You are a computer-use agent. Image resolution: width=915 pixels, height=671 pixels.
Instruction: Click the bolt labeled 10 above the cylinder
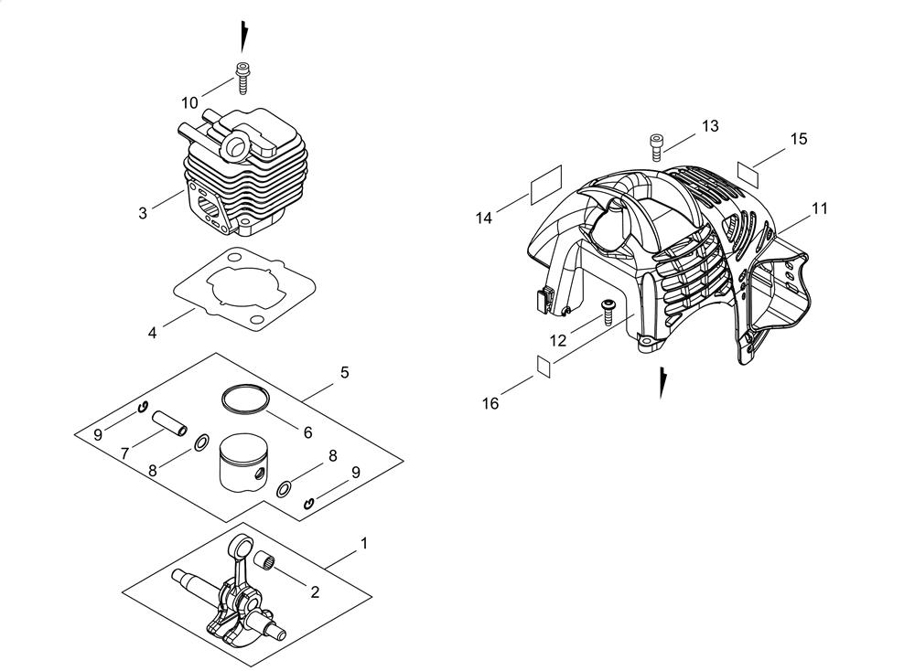(242, 78)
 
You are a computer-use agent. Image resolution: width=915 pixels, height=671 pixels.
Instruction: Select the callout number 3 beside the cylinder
(143, 213)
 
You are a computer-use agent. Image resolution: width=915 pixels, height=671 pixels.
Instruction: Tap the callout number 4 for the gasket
(152, 334)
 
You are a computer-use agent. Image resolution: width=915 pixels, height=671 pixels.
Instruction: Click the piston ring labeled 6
(245, 399)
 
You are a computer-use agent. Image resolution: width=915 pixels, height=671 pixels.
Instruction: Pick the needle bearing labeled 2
(265, 560)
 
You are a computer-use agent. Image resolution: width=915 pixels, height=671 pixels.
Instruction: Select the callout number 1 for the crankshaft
(364, 543)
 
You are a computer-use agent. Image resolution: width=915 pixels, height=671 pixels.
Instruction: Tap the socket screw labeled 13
(656, 144)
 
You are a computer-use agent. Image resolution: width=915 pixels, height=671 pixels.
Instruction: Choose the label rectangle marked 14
(546, 185)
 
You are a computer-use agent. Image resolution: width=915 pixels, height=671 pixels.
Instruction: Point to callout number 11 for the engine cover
(820, 208)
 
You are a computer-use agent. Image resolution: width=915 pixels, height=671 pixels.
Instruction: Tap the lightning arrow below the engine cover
(662, 382)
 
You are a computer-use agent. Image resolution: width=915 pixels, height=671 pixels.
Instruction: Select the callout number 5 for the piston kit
(344, 371)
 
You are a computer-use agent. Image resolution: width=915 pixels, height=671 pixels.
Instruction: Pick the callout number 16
(490, 403)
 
